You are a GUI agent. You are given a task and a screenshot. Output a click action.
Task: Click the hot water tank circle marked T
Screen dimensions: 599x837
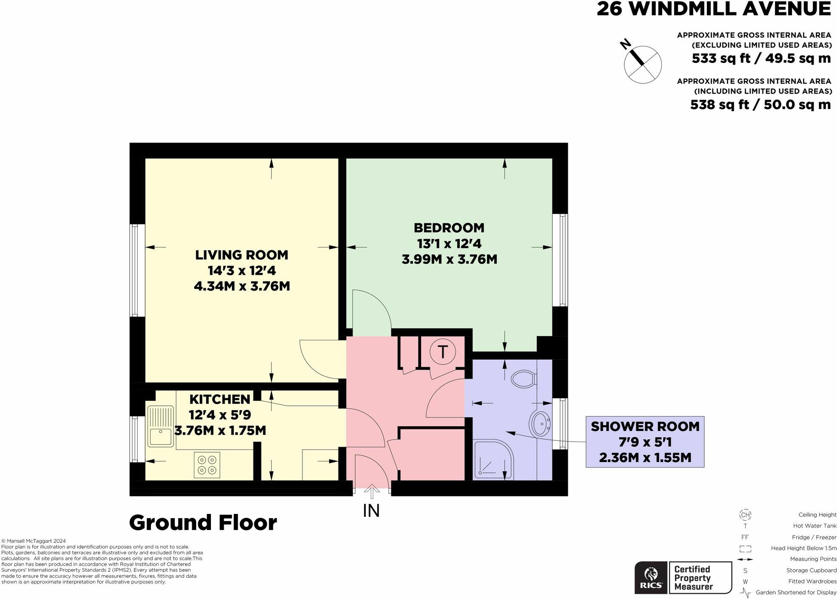pyautogui.click(x=442, y=352)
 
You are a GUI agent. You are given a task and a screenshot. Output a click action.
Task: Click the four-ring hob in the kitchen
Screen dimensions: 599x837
pyautogui.click(x=207, y=465)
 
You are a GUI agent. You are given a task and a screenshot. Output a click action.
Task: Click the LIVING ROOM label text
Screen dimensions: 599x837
pyautogui.click(x=242, y=255)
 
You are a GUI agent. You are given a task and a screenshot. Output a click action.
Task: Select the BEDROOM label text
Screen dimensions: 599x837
pyautogui.click(x=449, y=228)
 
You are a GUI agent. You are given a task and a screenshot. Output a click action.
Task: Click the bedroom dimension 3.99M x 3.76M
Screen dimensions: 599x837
pyautogui.click(x=449, y=259)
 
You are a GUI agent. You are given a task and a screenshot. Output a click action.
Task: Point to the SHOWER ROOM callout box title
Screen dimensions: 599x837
pyautogui.click(x=645, y=426)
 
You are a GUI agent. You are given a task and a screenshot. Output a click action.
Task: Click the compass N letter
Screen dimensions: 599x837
pyautogui.click(x=625, y=44)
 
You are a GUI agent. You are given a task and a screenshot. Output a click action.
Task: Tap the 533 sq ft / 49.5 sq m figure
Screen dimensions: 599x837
pyautogui.click(x=761, y=58)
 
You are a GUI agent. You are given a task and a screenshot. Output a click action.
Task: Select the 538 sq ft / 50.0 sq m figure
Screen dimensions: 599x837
pyautogui.click(x=760, y=104)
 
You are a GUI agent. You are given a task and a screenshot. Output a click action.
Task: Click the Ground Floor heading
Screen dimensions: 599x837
pyautogui.click(x=203, y=522)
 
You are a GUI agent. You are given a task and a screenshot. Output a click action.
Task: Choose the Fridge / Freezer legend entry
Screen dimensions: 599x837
pyautogui.click(x=814, y=537)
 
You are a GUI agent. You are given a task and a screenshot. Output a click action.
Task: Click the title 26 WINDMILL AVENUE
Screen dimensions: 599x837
pyautogui.click(x=713, y=9)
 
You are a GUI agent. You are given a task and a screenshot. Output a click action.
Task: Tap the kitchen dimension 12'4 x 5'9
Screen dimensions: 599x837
pyautogui.click(x=220, y=414)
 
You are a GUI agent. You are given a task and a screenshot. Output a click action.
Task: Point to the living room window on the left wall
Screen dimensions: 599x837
pyautogui.click(x=135, y=271)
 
